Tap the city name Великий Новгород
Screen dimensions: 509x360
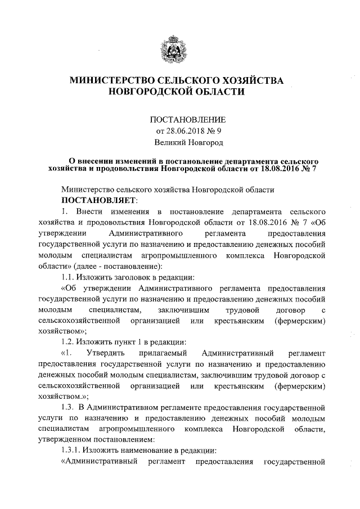click(x=187, y=143)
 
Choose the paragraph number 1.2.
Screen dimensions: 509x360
click(x=69, y=341)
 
